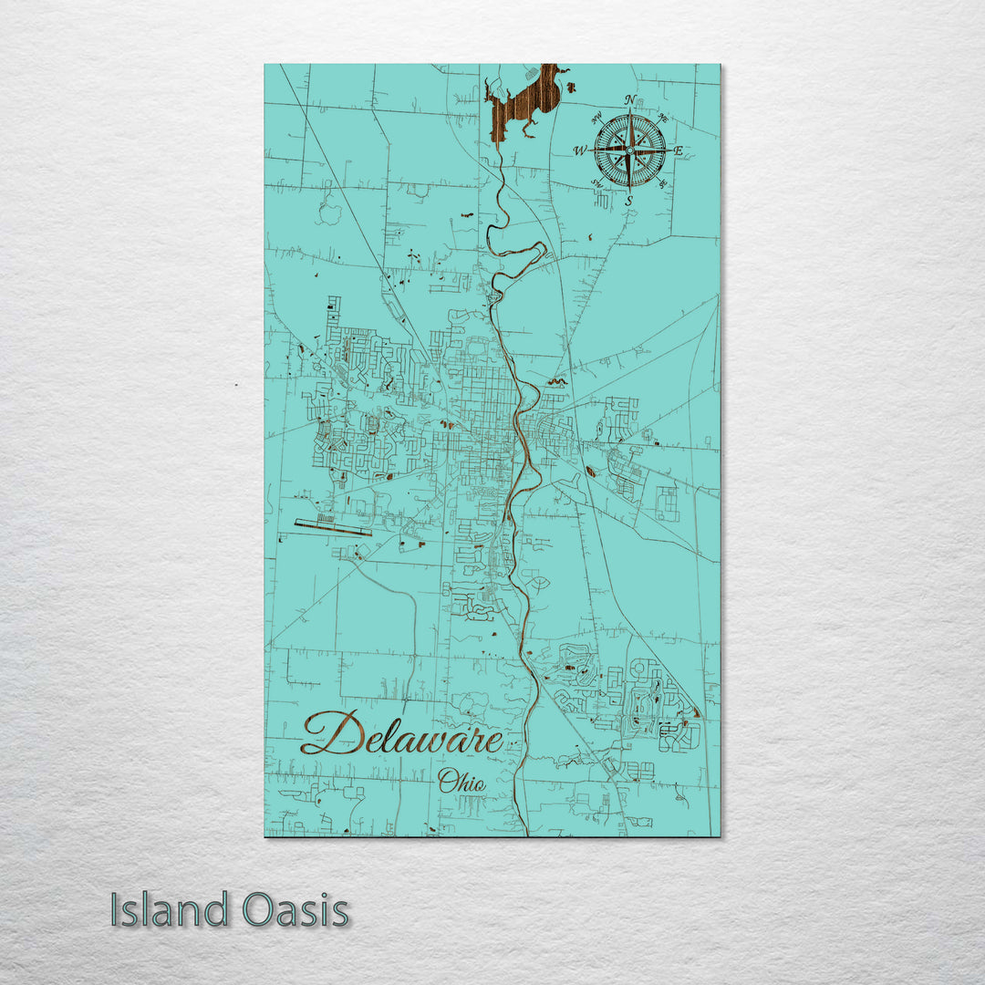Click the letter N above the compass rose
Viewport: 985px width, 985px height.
tap(629, 100)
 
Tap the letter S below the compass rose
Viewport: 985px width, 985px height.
tap(628, 199)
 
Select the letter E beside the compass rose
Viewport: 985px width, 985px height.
tap(678, 150)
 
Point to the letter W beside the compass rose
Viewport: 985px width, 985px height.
tap(580, 150)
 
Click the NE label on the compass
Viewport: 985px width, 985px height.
tap(663, 117)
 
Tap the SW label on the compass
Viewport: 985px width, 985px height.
tap(596, 183)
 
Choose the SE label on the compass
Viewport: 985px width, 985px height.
tap(663, 184)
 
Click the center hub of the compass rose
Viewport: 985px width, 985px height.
tap(629, 149)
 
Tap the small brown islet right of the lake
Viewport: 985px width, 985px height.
tap(571, 87)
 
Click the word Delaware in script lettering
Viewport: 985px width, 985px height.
tap(401, 734)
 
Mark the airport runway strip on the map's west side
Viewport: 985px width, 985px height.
tap(333, 527)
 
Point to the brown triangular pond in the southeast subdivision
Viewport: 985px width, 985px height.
tap(696, 711)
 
